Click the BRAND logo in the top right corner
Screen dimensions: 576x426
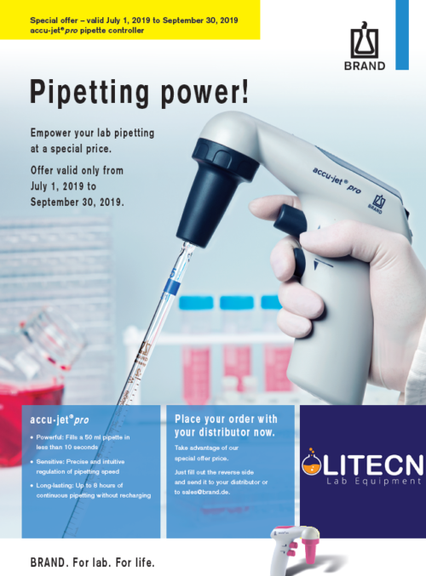pos(367,49)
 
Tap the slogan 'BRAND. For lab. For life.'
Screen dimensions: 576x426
pos(92,562)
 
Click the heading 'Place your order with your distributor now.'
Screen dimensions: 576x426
pos(226,424)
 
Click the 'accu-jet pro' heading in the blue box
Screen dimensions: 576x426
pos(60,419)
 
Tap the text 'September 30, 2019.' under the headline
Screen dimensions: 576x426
pos(77,202)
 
